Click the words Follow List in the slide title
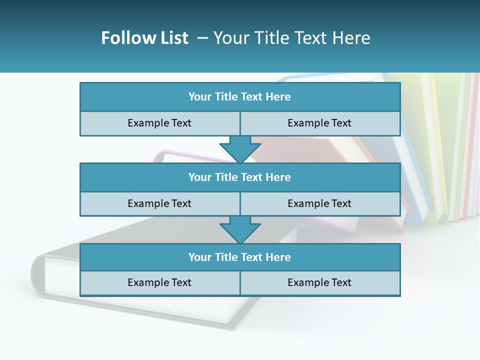(144, 38)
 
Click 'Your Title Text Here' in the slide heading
(291, 38)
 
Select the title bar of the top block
(240, 97)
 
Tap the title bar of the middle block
(240, 177)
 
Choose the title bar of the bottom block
(240, 257)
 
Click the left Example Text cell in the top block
(159, 123)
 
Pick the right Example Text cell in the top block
(319, 123)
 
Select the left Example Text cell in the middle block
(159, 203)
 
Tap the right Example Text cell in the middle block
(319, 203)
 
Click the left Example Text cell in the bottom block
(159, 282)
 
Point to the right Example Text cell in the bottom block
(319, 282)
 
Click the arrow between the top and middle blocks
(240, 149)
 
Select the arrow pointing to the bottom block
(240, 229)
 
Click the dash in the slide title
(202, 38)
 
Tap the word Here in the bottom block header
(278, 257)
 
